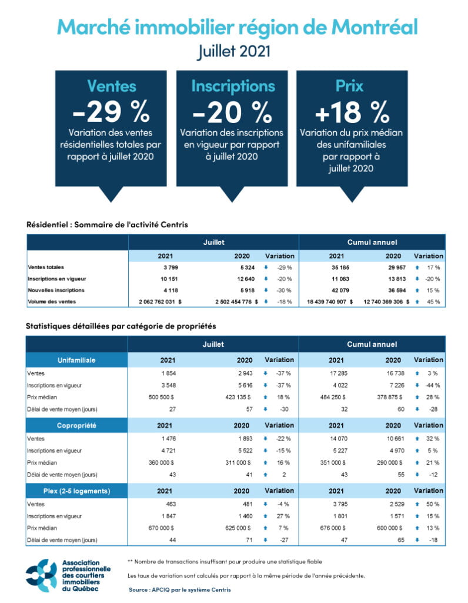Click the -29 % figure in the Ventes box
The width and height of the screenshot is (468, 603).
coord(111,112)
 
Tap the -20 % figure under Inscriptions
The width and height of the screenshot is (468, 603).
coord(233,112)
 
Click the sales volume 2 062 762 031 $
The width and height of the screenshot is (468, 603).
coord(156,301)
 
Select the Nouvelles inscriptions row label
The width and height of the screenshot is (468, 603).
coord(56,290)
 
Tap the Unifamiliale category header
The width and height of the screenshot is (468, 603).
coord(76,360)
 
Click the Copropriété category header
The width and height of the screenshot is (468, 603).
coord(76,425)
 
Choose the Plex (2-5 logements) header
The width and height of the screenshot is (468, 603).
coord(76,491)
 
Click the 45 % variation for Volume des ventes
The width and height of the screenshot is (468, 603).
coord(434,301)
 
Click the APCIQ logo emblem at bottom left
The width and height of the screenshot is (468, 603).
coord(41,576)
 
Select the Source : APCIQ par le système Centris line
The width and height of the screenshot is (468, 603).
coord(179,589)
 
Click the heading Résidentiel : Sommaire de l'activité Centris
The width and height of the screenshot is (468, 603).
coord(107,224)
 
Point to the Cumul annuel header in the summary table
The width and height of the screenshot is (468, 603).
coord(372,242)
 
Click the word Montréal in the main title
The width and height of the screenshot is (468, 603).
coord(366,26)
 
